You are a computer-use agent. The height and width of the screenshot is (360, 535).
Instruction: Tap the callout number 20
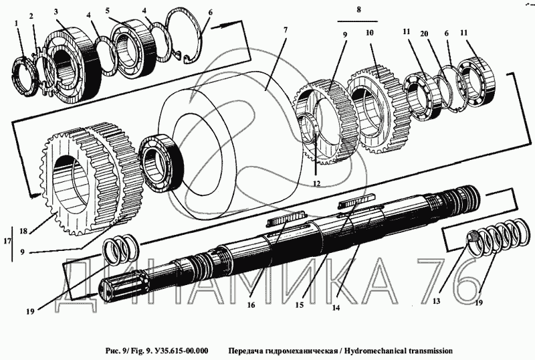tap(424, 33)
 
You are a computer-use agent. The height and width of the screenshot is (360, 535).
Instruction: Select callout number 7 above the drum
tap(286, 29)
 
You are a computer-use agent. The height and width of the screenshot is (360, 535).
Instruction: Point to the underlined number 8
tap(358, 9)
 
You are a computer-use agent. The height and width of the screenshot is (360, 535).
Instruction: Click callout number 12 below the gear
tap(316, 183)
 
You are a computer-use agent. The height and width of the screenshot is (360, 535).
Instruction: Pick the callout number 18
tap(23, 231)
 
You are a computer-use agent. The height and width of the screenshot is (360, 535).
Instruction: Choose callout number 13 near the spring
tap(436, 300)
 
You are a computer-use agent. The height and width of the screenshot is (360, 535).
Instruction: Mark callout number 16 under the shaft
tap(251, 305)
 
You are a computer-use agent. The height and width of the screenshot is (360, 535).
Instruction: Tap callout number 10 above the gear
tap(370, 32)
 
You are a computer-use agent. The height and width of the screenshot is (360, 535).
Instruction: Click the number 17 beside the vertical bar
tap(7, 241)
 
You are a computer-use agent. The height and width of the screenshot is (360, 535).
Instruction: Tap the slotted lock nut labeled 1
tap(25, 74)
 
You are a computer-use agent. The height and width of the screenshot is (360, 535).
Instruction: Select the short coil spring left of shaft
tap(122, 250)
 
